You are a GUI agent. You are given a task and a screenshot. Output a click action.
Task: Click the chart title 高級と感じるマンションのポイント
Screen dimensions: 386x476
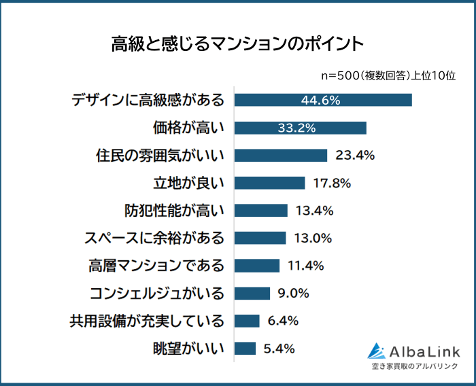click(x=237, y=45)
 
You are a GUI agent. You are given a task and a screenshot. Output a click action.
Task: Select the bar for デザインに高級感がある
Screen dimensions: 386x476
click(x=323, y=100)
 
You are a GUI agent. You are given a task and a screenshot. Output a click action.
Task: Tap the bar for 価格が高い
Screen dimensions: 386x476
click(x=301, y=128)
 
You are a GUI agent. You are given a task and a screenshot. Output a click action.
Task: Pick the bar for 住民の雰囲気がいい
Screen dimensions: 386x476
click(x=281, y=155)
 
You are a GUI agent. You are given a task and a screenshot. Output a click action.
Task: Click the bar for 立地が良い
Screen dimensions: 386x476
click(x=269, y=183)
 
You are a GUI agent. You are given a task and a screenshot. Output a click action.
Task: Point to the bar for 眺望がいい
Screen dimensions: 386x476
click(x=245, y=349)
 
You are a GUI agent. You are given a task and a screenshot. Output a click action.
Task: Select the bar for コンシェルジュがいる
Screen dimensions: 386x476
click(x=252, y=294)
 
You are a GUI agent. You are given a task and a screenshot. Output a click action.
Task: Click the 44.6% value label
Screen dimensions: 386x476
click(x=320, y=100)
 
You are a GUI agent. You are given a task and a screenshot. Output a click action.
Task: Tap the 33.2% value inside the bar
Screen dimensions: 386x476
click(x=297, y=128)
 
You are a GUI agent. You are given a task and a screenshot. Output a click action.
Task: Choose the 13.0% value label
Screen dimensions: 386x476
click(x=313, y=238)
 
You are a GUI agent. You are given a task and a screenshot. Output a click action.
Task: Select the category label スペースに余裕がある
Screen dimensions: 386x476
click(x=154, y=238)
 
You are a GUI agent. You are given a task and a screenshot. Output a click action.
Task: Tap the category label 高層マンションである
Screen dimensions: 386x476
click(x=157, y=266)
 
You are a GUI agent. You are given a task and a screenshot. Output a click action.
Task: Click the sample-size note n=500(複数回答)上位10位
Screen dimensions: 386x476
click(x=388, y=75)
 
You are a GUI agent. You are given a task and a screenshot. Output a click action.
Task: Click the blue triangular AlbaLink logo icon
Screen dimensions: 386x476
click(x=377, y=351)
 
